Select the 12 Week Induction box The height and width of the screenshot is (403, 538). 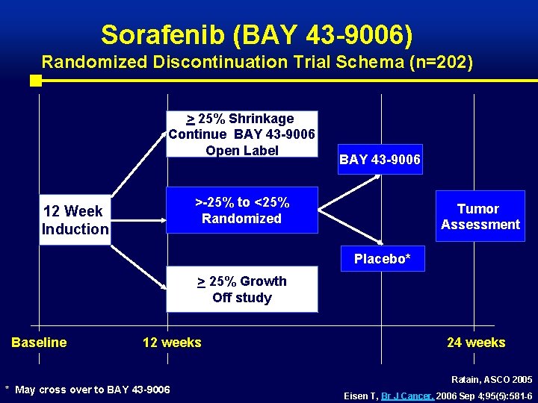(x=75, y=220)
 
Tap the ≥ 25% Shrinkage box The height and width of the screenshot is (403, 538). (x=241, y=134)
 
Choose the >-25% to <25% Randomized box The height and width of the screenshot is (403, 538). (x=242, y=210)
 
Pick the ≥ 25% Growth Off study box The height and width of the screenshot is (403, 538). (x=241, y=289)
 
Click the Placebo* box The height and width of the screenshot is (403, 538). (x=383, y=258)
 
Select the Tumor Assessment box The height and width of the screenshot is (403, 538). (x=480, y=216)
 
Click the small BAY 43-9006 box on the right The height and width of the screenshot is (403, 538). (x=380, y=160)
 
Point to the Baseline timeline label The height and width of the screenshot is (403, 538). (x=39, y=343)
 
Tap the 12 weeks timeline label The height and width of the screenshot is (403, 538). (x=172, y=343)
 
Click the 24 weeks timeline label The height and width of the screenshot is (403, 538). (x=476, y=343)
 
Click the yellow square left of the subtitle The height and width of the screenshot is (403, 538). (x=34, y=81)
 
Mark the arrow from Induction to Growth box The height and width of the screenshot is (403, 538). (x=138, y=269)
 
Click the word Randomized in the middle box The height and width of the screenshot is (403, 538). (x=241, y=219)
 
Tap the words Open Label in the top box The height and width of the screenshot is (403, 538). (x=242, y=150)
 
